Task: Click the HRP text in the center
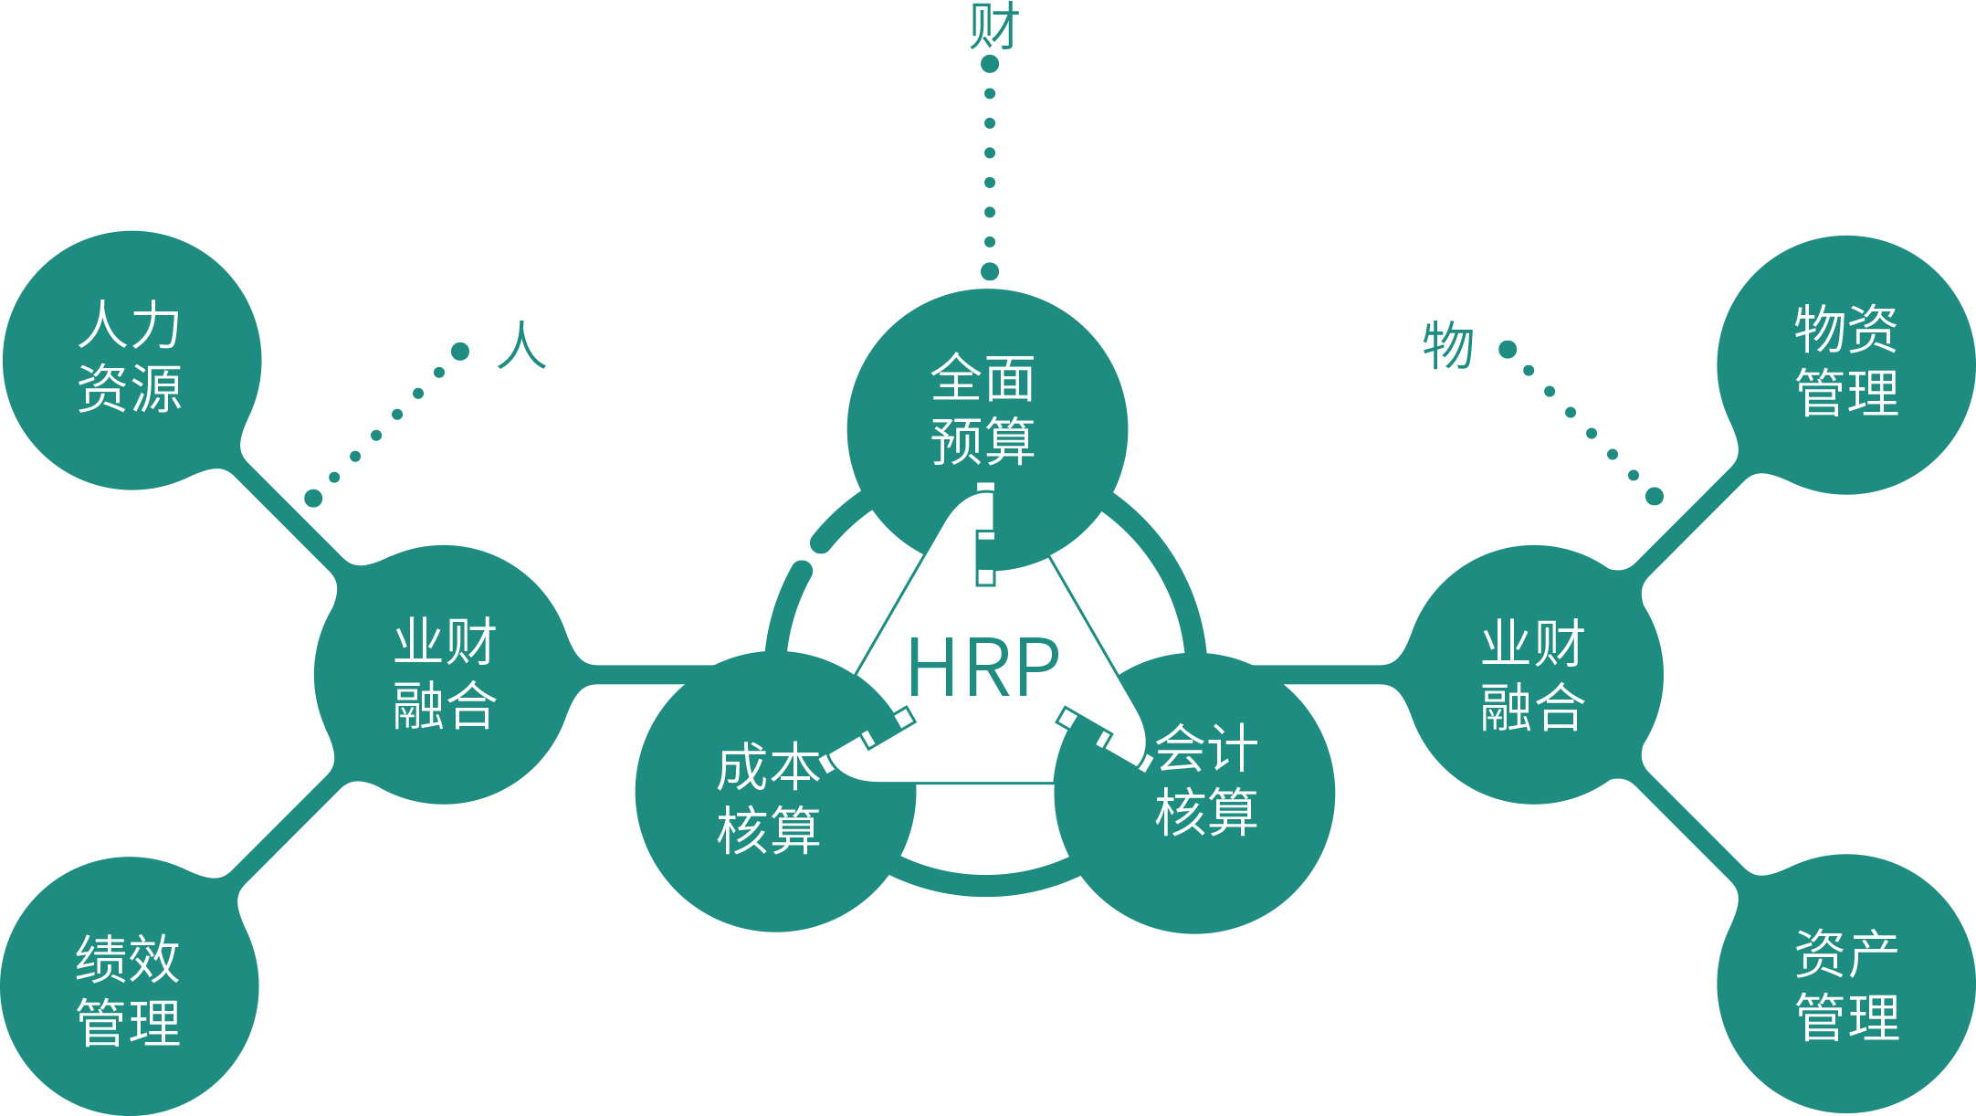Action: (x=983, y=668)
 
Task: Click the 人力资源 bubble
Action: (x=131, y=358)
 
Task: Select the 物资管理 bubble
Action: (x=1846, y=362)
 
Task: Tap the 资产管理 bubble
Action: (x=1846, y=984)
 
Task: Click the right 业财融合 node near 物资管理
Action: (x=1533, y=674)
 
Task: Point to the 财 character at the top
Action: (x=993, y=26)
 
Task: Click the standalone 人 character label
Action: (x=521, y=345)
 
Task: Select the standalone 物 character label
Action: (x=1448, y=345)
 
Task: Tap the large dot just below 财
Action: (x=990, y=64)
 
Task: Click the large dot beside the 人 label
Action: (x=460, y=351)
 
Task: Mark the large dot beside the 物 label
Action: (x=1508, y=349)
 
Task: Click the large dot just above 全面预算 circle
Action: (x=990, y=271)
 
